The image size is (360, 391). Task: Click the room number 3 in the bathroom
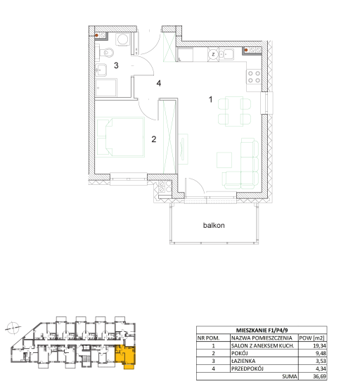(x=116, y=65)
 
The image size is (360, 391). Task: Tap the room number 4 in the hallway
(x=159, y=83)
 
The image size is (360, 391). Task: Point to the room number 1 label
(x=211, y=99)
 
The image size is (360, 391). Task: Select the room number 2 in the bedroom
(x=154, y=139)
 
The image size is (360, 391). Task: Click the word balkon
(x=214, y=226)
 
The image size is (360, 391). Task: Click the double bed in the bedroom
(x=120, y=137)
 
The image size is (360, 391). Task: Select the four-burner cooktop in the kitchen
(x=254, y=77)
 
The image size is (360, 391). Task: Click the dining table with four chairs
(x=234, y=111)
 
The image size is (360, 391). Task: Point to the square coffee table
(x=224, y=160)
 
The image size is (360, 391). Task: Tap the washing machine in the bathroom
(x=122, y=39)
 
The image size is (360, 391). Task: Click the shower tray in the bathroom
(x=106, y=88)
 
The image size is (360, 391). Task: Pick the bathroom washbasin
(x=101, y=70)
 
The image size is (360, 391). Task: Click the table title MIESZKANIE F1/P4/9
(x=262, y=330)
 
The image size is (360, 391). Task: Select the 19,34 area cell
(x=319, y=345)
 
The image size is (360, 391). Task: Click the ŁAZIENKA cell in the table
(x=243, y=361)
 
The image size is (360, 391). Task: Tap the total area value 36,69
(x=319, y=376)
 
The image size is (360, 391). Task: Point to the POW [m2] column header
(x=311, y=338)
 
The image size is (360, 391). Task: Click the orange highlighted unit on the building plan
(x=125, y=356)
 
